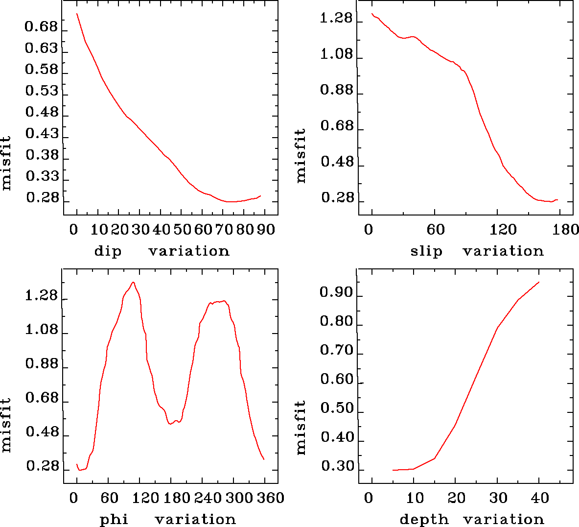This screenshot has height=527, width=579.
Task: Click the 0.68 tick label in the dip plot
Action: coord(41,26)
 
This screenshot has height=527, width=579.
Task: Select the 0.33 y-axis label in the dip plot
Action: coord(41,176)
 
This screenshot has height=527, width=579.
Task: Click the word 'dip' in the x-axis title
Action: coord(108,252)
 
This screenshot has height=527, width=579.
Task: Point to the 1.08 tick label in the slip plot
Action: coord(336,54)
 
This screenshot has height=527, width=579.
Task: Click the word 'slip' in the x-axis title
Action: coord(426,252)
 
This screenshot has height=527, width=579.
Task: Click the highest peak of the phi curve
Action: coord(133,282)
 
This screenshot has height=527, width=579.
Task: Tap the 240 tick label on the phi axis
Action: coord(207,498)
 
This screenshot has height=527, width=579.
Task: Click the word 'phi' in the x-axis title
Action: coord(114,519)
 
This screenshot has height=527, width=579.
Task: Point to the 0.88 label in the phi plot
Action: coord(42,364)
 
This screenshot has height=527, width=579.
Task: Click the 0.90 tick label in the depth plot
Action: coord(336,293)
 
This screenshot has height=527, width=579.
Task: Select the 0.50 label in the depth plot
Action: coord(336,408)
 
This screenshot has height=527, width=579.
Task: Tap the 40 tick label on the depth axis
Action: coord(540,498)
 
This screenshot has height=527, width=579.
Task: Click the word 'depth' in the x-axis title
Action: coord(424,519)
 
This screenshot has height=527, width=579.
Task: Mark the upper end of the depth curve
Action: coord(539,282)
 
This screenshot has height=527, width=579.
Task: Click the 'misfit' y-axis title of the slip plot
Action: coord(301,156)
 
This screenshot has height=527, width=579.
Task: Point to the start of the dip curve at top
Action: coord(77,14)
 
